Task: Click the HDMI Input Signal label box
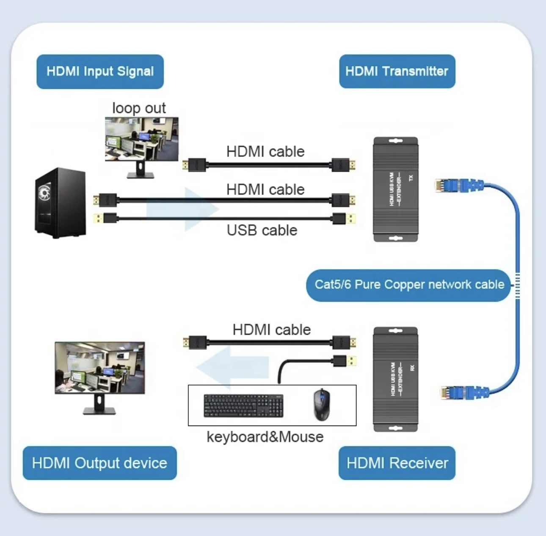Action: (x=100, y=71)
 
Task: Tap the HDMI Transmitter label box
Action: (x=397, y=71)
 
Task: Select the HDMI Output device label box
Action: (x=99, y=463)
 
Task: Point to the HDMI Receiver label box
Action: (x=397, y=463)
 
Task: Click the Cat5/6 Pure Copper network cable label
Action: (x=409, y=285)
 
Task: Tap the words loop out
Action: (x=139, y=108)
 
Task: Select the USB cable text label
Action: (x=262, y=231)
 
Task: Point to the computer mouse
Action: (x=322, y=404)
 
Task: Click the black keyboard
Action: (x=243, y=406)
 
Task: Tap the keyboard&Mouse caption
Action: (x=265, y=437)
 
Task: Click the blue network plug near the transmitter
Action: (x=459, y=185)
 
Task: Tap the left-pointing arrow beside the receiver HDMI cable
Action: (x=232, y=367)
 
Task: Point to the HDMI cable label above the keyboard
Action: (x=271, y=330)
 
